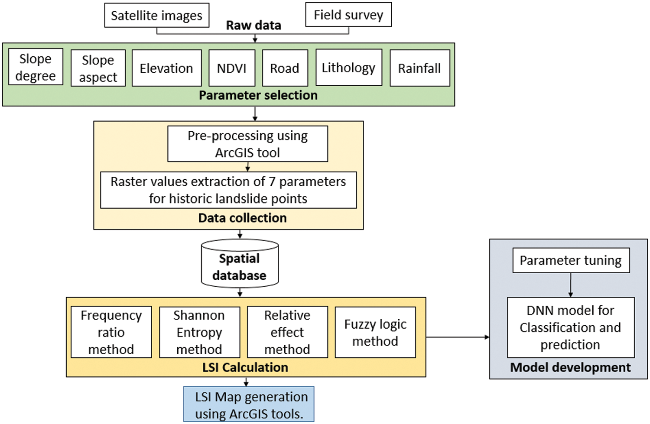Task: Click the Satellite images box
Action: pyautogui.click(x=156, y=15)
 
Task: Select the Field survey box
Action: pyautogui.click(x=348, y=15)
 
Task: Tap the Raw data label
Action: pyautogui.click(x=253, y=25)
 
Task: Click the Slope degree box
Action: pyautogui.click(x=36, y=67)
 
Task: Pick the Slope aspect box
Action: pyautogui.click(x=98, y=68)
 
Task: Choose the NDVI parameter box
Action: pyautogui.click(x=231, y=68)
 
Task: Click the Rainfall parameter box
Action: pyautogui.click(x=419, y=68)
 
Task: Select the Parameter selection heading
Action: pyautogui.click(x=258, y=95)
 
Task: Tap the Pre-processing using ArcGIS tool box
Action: pyautogui.click(x=247, y=144)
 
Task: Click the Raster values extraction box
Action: pyautogui.click(x=228, y=190)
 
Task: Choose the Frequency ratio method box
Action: pyautogui.click(x=111, y=332)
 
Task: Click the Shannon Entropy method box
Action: pyautogui.click(x=199, y=332)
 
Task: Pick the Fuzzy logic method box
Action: pyautogui.click(x=375, y=332)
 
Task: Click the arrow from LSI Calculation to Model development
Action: pyautogui.click(x=458, y=337)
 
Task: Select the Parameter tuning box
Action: pyautogui.click(x=571, y=260)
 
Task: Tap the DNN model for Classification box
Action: pyautogui.click(x=570, y=327)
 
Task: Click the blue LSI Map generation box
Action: pyautogui.click(x=249, y=405)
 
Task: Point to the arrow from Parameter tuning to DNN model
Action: pyautogui.click(x=571, y=285)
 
